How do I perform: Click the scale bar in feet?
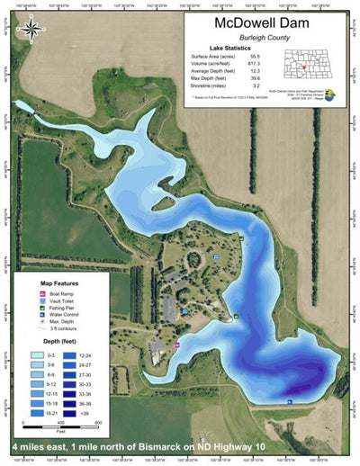pos(59,428)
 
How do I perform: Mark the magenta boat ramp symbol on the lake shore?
pos(176,345)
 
